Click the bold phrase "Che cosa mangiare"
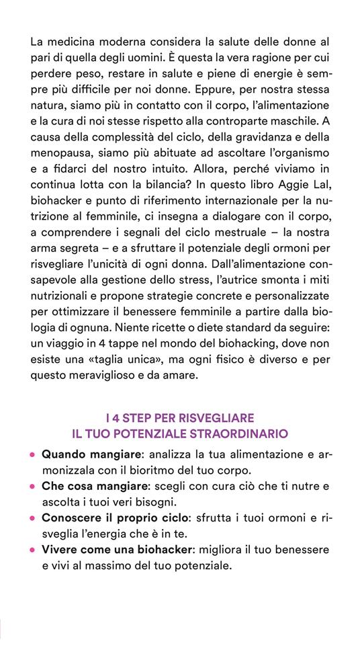point(93,486)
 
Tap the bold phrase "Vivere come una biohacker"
point(118,550)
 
